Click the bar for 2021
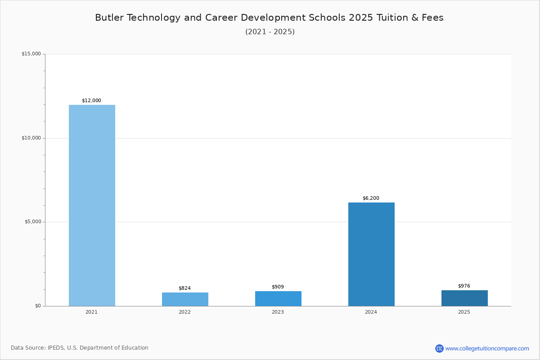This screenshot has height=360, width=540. click(92, 205)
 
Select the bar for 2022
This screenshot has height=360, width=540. click(185, 299)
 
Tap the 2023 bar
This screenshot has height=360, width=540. click(278, 298)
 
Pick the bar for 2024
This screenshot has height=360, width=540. click(371, 254)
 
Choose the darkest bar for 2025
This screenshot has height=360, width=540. click(464, 298)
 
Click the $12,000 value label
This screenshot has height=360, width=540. click(91, 101)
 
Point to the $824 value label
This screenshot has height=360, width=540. click(184, 288)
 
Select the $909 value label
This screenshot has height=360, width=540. click(278, 287)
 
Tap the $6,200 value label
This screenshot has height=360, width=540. click(371, 198)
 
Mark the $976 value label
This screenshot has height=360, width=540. click(464, 286)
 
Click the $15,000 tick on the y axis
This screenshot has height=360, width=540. click(31, 54)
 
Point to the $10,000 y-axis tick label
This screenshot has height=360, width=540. click(31, 138)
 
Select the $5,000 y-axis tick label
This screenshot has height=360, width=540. click(32, 222)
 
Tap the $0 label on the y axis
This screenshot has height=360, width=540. click(38, 306)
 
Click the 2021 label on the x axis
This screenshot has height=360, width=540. click(91, 312)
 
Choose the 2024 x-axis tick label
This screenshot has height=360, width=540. click(371, 312)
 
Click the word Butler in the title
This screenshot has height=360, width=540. click(108, 18)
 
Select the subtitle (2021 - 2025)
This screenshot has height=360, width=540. click(270, 32)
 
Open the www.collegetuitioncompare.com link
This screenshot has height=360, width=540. click(487, 348)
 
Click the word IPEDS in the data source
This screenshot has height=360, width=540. click(56, 348)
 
